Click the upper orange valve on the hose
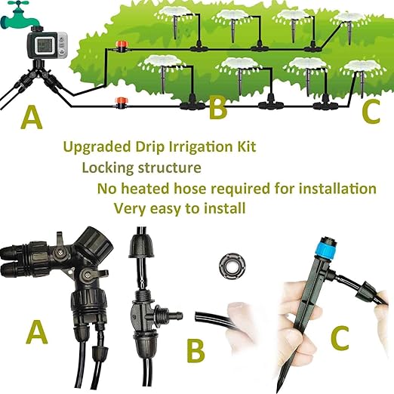point(118,47)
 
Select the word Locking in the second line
point(107,168)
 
